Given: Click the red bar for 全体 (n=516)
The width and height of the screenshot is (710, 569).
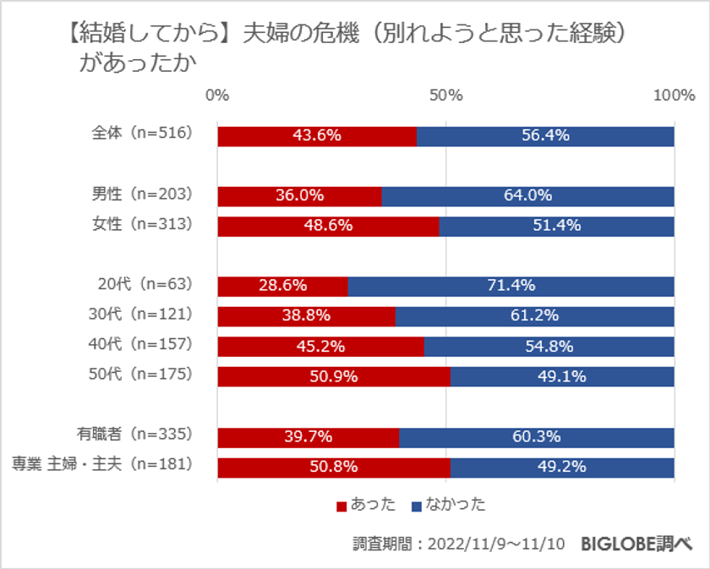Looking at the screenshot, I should [317, 136].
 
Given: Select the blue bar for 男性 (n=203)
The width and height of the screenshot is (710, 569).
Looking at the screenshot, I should [527, 196].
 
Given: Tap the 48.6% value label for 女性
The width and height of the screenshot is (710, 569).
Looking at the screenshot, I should [327, 226].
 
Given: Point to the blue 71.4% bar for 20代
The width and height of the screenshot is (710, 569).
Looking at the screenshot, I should [511, 286].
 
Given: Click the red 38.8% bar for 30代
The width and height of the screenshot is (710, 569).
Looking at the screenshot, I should [306, 316].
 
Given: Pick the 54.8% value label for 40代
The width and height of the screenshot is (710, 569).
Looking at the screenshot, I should [549, 346].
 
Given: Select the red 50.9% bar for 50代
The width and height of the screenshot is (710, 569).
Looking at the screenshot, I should [333, 376].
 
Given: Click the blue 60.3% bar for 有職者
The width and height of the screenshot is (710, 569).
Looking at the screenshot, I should [536, 436].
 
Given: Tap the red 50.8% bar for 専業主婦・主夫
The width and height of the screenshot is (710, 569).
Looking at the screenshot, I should [333, 467].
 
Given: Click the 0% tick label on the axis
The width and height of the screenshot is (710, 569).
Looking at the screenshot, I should [217, 95].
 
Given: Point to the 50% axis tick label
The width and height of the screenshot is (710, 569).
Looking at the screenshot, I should [445, 95].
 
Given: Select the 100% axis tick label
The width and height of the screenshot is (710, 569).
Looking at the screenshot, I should [673, 95].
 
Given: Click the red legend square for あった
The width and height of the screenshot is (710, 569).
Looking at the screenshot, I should [341, 506].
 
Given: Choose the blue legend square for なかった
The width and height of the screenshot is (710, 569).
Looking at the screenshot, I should [415, 506].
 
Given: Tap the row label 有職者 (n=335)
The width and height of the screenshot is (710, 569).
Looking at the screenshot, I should [134, 435].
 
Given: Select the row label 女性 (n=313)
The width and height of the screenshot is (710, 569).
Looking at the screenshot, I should [142, 225].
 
